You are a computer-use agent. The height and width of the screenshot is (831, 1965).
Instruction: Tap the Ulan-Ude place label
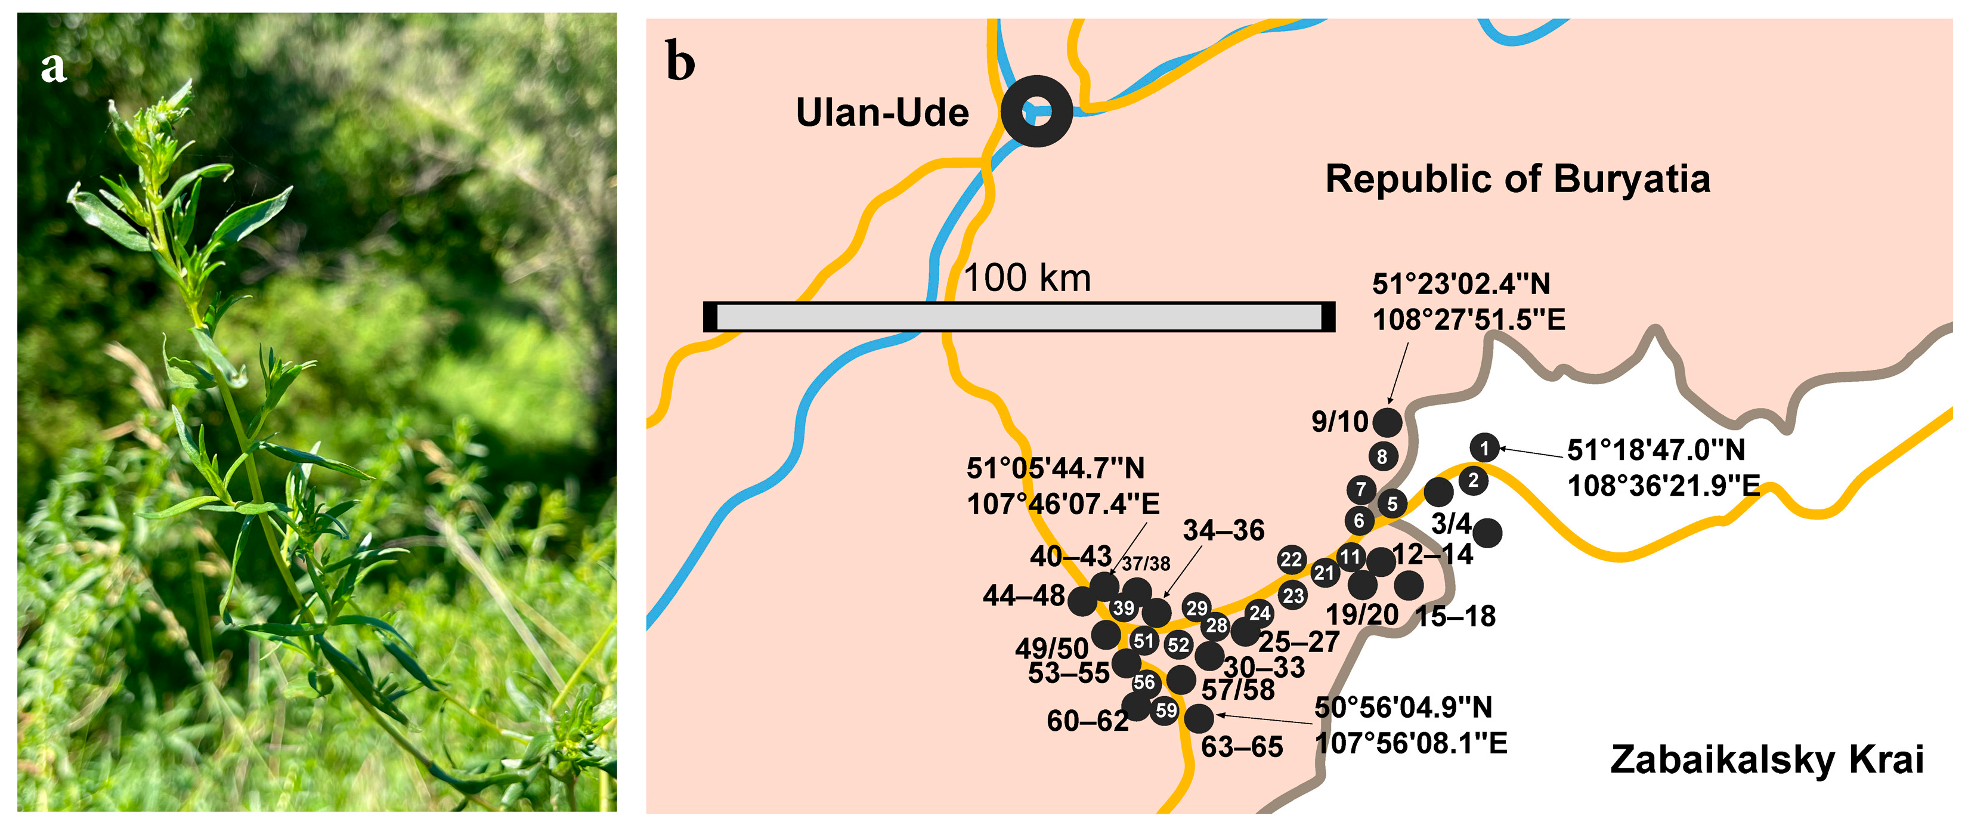[882, 113]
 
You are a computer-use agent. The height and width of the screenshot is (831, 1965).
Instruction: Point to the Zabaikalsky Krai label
[1766, 759]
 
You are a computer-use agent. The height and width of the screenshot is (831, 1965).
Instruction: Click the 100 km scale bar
[1019, 317]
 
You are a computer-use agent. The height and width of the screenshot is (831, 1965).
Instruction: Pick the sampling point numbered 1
[1484, 448]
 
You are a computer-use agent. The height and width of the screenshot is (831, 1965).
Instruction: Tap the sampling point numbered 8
[1382, 456]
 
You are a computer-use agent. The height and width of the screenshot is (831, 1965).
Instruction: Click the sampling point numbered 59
[1165, 711]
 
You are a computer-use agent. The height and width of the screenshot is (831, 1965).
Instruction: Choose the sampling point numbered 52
[1178, 645]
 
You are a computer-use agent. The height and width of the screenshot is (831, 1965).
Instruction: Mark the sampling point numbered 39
[1124, 608]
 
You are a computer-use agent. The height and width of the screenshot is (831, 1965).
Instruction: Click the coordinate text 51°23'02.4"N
[1461, 285]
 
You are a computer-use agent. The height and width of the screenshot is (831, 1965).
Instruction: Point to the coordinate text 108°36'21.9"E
[1663, 486]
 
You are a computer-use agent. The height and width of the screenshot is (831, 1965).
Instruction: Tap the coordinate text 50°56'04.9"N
[1403, 708]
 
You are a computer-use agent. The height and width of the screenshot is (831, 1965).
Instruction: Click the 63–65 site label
[1242, 747]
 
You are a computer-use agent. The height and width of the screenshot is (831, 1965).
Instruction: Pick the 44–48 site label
[1023, 595]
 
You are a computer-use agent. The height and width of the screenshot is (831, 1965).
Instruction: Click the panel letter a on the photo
[54, 67]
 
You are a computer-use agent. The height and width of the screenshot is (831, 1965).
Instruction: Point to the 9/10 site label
[1339, 421]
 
